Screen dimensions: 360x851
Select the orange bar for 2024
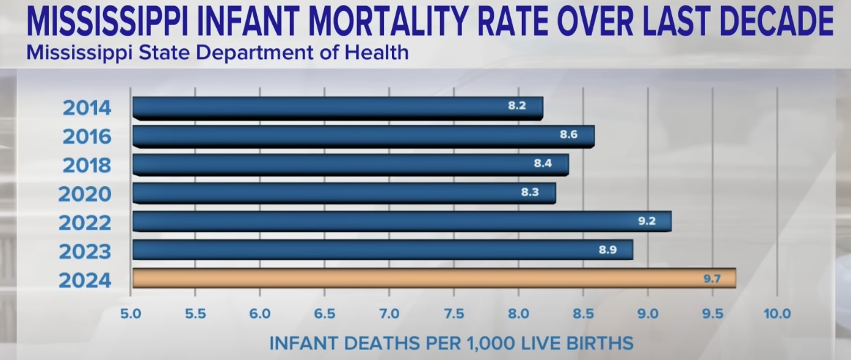pos(434,278)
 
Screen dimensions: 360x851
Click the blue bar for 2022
pos(401,221)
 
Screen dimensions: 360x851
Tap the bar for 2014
pos(337,107)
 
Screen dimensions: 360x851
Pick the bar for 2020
pos(344,193)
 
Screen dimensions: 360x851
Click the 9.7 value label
pos(712,278)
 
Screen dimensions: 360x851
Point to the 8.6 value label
pos(569,135)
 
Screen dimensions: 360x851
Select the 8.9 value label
pos(608,250)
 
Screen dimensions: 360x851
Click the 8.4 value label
pos(543,164)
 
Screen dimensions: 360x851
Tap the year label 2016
pos(86,137)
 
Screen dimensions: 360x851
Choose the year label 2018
pos(86,165)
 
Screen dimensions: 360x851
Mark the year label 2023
pos(86,252)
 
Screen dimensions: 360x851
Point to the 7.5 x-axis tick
pos(454,315)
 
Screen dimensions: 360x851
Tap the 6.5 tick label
pos(325,315)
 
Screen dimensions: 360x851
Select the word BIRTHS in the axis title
pos(596,342)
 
